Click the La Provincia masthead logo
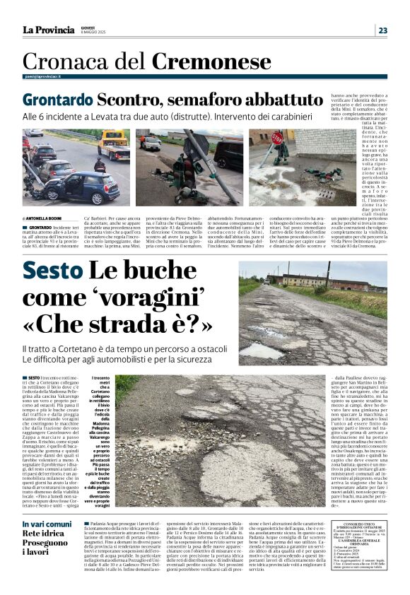[x=48, y=30]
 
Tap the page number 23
[x=382, y=30]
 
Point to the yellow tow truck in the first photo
[x=113, y=145]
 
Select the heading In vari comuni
[x=47, y=524]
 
